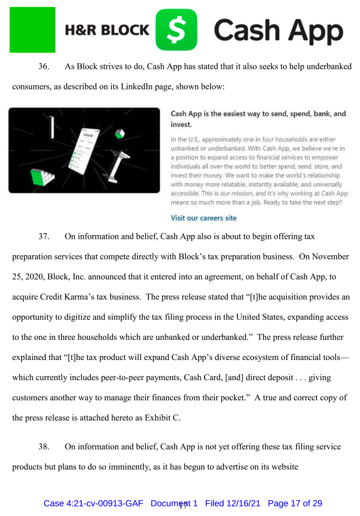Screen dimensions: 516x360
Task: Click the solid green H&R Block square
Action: pyautogui.click(x=32, y=29)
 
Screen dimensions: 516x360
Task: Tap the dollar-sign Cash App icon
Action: pyautogui.click(x=176, y=29)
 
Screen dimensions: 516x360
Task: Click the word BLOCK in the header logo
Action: pyautogui.click(x=123, y=31)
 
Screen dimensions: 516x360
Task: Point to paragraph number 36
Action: pyautogui.click(x=43, y=67)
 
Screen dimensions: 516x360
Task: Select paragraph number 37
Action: pyautogui.click(x=44, y=236)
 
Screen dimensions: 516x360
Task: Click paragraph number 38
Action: pyautogui.click(x=44, y=447)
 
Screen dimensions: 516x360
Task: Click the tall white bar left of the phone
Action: pyautogui.click(x=52, y=127)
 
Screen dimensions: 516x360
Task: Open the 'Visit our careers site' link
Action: pyautogui.click(x=203, y=218)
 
